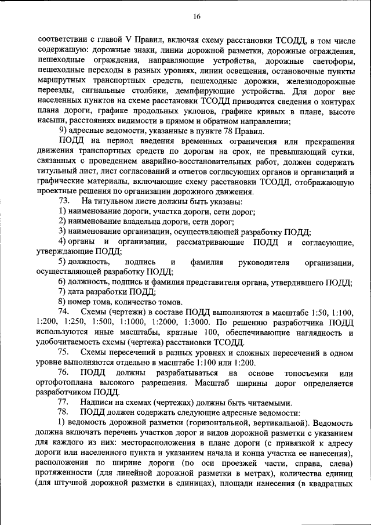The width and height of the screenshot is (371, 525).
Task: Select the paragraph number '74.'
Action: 65,312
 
